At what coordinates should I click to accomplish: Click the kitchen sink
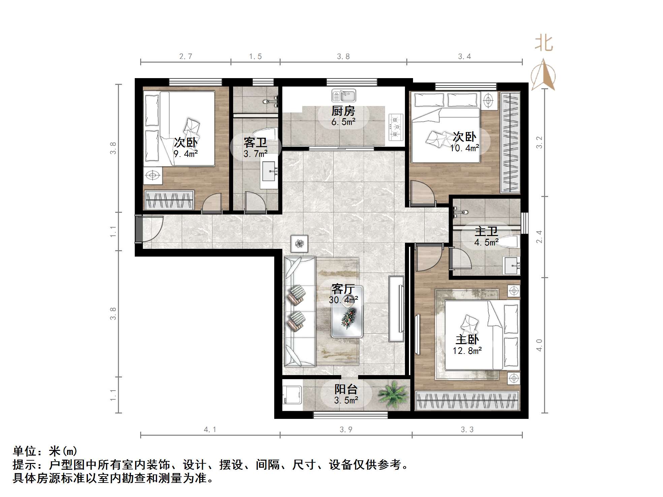tap(343, 96)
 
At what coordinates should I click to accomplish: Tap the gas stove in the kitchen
tap(396, 127)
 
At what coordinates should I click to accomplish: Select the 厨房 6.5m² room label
tap(343, 116)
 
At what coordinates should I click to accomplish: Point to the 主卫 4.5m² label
tap(486, 236)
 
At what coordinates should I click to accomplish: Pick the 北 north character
tap(543, 43)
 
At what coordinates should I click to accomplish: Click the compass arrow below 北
tap(543, 75)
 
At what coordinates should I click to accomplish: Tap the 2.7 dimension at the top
tap(186, 56)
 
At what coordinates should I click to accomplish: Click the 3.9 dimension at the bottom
tap(346, 429)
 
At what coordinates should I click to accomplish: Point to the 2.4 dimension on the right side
tap(539, 236)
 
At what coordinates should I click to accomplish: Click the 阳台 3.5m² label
tap(346, 394)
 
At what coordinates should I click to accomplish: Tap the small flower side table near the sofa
tap(299, 243)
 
